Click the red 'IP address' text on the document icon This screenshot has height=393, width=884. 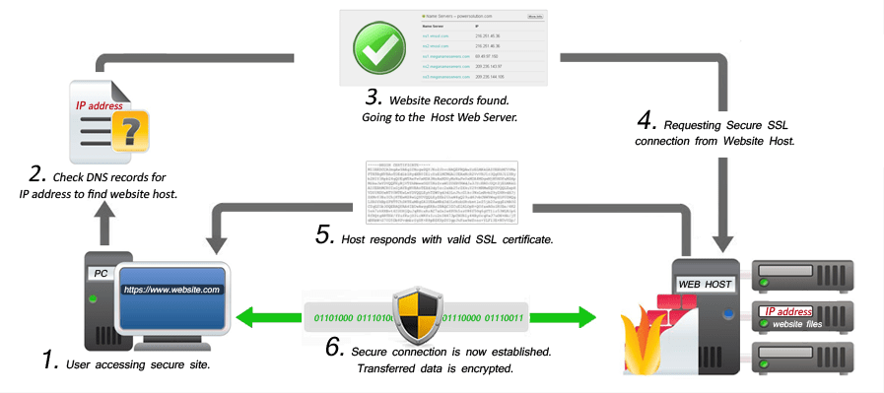tap(102, 104)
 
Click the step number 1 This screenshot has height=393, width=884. tap(51, 360)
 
